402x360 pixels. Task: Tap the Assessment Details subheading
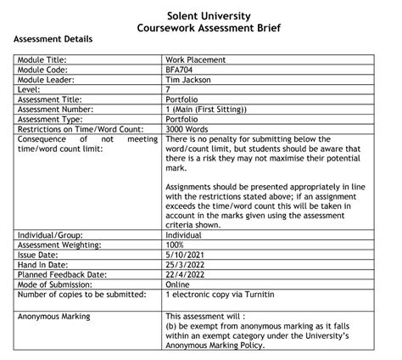(x=53, y=40)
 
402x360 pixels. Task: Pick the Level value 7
(x=169, y=90)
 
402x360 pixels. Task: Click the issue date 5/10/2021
(x=188, y=253)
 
